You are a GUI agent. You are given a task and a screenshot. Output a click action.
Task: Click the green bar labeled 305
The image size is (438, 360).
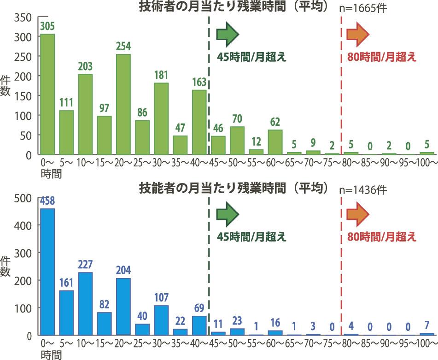[47, 94]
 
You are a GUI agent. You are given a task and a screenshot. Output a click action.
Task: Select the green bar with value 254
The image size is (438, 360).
[123, 104]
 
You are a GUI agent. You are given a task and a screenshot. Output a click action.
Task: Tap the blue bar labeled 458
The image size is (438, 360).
[47, 272]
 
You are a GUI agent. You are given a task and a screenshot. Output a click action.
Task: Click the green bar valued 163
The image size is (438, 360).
[199, 122]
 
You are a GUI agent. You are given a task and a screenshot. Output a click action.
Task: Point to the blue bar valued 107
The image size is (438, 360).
[161, 320]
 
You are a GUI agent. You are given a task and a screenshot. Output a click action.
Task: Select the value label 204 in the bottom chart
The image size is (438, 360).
[123, 270]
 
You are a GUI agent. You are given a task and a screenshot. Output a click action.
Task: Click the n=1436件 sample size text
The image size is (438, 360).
[363, 189]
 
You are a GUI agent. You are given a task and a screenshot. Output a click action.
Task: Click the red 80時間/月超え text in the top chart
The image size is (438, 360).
[381, 57]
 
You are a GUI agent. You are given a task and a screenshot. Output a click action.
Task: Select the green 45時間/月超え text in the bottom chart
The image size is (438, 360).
[251, 237]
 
